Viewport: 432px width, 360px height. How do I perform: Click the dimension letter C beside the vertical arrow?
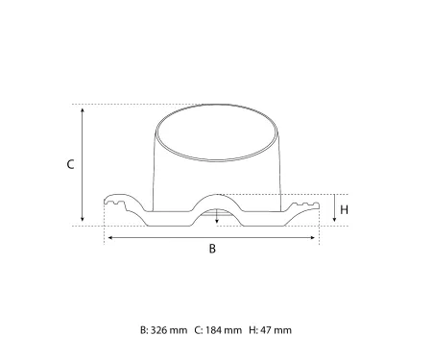coord(70,164)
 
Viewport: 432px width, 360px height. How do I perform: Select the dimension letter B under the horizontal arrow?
coord(212,249)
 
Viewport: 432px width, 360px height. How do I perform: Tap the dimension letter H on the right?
coord(344,208)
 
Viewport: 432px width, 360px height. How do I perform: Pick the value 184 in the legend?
coord(214,330)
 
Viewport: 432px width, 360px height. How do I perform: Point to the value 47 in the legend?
coord(265,330)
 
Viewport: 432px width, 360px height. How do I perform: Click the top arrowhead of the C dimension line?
coord(84,108)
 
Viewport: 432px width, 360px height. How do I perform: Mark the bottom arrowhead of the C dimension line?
coord(84,220)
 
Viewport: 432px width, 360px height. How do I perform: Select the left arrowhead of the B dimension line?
coord(108,235)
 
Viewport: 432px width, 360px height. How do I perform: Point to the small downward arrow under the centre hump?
coord(217,222)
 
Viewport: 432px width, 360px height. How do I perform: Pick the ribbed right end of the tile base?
coord(308,205)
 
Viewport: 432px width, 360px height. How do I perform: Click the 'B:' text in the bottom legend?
coord(144,330)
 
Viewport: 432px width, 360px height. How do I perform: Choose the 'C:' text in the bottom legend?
coord(199,330)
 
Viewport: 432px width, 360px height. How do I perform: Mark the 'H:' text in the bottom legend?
coord(252,330)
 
